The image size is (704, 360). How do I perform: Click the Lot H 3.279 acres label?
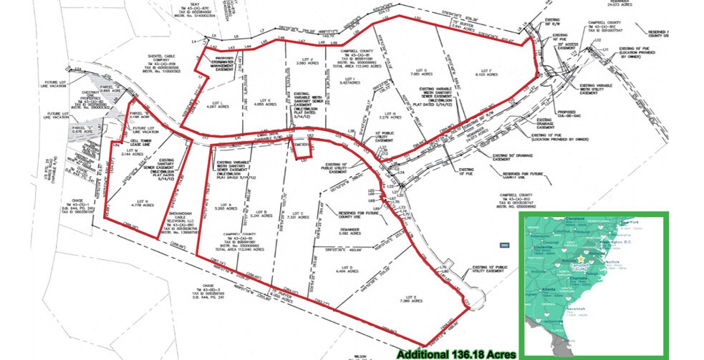coord(390,115)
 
